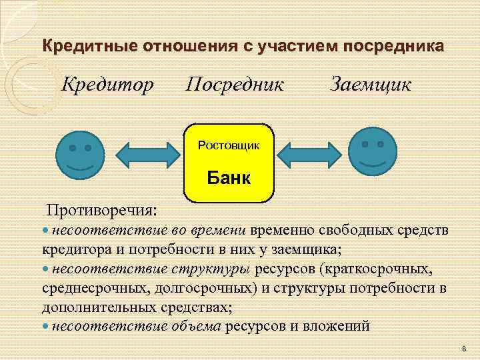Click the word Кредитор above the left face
point(108,85)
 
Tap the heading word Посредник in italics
point(235,85)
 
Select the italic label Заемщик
point(371,85)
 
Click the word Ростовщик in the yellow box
point(229,145)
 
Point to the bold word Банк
point(229,178)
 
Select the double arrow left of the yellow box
point(150,155)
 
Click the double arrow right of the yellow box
point(309,155)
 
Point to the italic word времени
point(219,230)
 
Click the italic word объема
point(197,326)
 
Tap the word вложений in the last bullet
point(335,326)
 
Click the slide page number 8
point(463,348)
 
